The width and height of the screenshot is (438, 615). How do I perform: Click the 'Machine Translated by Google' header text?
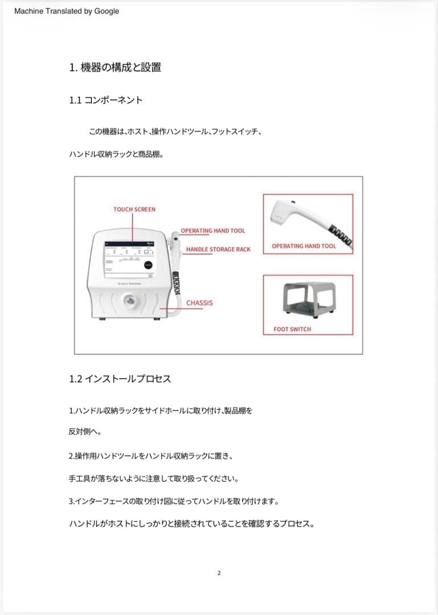click(x=67, y=11)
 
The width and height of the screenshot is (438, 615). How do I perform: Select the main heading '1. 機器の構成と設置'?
click(x=115, y=67)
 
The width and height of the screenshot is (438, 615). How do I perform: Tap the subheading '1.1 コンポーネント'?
click(x=105, y=100)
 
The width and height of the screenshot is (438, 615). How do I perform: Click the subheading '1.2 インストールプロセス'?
click(x=120, y=379)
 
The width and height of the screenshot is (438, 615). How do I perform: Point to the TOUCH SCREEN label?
click(x=134, y=209)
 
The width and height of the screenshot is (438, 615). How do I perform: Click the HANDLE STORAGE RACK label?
click(x=218, y=249)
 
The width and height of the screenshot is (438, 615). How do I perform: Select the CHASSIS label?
click(x=199, y=302)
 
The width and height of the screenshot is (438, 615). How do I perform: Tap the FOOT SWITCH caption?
click(x=292, y=329)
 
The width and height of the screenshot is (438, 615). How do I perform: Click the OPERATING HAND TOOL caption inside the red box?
click(x=304, y=246)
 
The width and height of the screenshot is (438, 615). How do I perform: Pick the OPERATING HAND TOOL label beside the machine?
click(x=212, y=231)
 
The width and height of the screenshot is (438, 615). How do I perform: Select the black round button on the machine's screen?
click(x=148, y=264)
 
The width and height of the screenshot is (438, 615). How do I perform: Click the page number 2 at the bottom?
click(x=219, y=573)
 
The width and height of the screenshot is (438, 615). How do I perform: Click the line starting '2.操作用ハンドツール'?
click(x=152, y=456)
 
